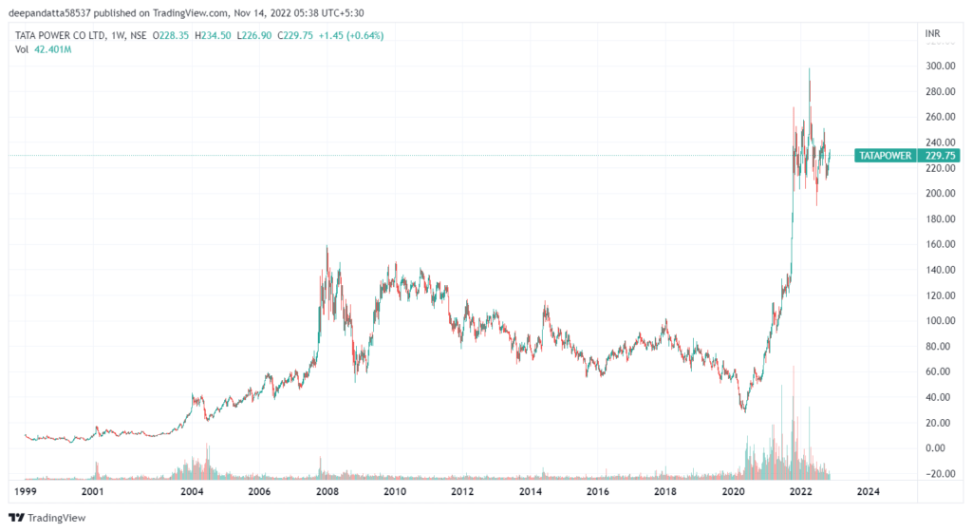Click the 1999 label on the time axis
(x=25, y=491)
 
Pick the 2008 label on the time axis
(x=327, y=491)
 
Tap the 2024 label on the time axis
(x=868, y=491)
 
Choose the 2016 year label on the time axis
(x=598, y=491)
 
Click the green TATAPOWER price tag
(x=884, y=155)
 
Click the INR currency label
(x=933, y=34)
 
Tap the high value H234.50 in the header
(x=211, y=35)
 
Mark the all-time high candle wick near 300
(x=809, y=69)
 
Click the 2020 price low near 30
(x=744, y=410)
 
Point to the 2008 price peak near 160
(x=327, y=247)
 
